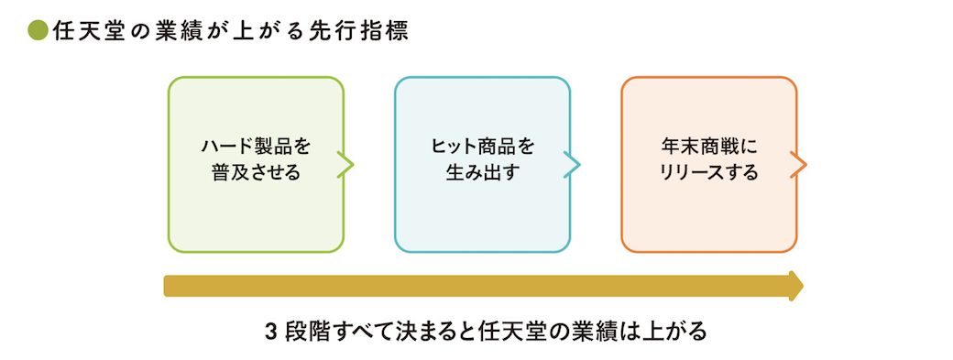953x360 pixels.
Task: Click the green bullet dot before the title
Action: tap(38, 31)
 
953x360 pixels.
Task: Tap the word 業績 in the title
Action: tap(181, 31)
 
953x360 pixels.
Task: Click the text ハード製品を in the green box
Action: tap(256, 147)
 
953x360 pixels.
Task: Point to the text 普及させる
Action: tap(256, 173)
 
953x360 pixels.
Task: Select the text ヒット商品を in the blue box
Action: tap(482, 147)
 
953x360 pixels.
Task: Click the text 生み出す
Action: tap(482, 173)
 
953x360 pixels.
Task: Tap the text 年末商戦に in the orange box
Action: tap(708, 147)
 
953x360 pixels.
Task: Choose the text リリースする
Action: tap(708, 173)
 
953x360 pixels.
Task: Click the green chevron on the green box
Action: tap(345, 165)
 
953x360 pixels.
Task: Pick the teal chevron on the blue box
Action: tap(572, 165)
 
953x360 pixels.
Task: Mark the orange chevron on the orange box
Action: tap(799, 165)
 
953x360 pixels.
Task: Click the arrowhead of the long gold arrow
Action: tap(796, 286)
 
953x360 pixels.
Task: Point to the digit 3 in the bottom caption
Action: tap(271, 333)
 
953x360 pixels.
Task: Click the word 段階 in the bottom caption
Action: tap(306, 333)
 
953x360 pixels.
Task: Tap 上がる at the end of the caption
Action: tap(674, 333)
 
